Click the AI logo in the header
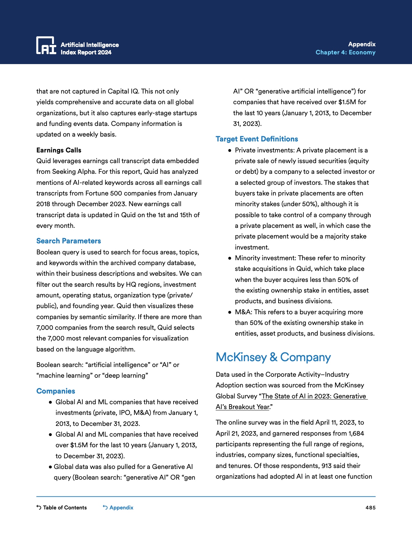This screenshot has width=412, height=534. [46, 45]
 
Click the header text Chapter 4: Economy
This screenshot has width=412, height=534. [345, 52]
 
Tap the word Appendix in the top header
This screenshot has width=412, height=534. [362, 44]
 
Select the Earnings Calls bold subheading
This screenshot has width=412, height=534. [59, 150]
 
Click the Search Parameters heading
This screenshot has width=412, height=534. [69, 241]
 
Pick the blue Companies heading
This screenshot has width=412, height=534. [56, 391]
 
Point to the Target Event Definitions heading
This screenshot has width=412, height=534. [257, 139]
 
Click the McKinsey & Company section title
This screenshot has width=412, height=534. [273, 357]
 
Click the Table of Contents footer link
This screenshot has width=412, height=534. [65, 507]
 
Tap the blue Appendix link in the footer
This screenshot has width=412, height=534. [121, 507]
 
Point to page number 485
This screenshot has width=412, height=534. [370, 507]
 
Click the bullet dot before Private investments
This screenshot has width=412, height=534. [230, 150]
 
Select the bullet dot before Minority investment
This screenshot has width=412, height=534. [230, 258]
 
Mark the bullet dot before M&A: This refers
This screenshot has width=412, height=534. [230, 312]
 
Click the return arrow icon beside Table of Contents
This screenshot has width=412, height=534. [39, 507]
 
